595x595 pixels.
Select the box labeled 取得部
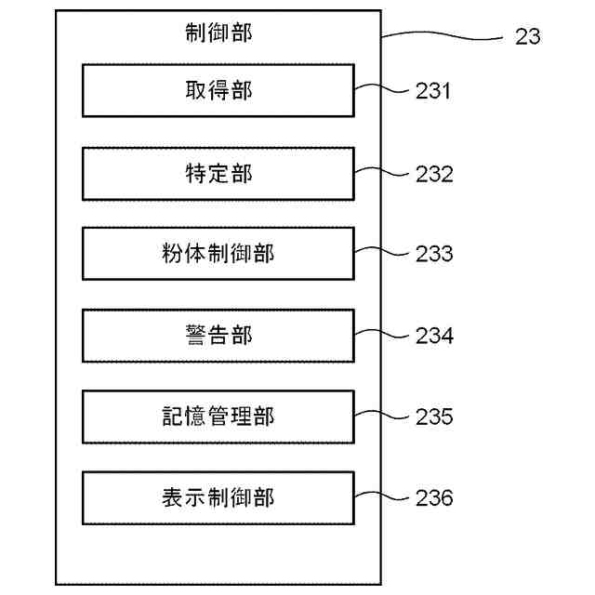tap(218, 90)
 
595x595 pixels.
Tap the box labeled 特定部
tap(218, 172)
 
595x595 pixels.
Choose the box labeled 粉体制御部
tap(218, 253)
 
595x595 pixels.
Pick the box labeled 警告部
tap(218, 335)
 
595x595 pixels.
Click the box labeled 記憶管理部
tap(218, 416)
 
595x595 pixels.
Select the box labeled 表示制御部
tap(218, 497)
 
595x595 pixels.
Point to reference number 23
tap(526, 38)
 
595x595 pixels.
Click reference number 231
tap(434, 91)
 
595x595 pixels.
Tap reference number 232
tap(434, 173)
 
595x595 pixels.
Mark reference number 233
tap(434, 254)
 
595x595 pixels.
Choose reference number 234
tap(434, 336)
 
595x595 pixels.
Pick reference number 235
tap(434, 416)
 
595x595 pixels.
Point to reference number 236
tap(434, 498)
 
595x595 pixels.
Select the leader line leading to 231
tap(382, 87)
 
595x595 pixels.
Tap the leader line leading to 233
tap(382, 250)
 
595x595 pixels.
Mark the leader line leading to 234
tap(382, 332)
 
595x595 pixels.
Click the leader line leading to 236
tap(382, 495)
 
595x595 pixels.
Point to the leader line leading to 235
tap(382, 413)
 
